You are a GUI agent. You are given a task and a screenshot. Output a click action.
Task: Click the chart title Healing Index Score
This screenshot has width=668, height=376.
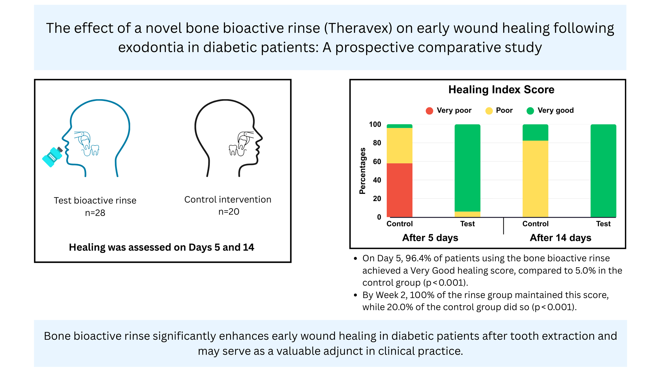(x=501, y=90)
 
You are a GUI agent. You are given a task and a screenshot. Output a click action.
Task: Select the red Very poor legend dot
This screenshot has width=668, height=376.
(x=429, y=111)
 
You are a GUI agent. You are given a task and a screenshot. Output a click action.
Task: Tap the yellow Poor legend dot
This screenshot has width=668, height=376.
(x=489, y=111)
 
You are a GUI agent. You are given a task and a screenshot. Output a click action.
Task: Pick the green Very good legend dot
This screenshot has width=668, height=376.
(x=530, y=111)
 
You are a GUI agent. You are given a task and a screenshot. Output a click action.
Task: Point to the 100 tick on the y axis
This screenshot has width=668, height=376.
(x=375, y=124)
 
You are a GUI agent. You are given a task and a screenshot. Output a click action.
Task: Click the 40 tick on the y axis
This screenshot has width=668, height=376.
(x=377, y=180)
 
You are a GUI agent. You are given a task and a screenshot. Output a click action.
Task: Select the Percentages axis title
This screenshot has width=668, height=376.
(x=362, y=171)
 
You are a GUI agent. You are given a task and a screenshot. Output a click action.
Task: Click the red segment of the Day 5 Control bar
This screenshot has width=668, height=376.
(x=399, y=190)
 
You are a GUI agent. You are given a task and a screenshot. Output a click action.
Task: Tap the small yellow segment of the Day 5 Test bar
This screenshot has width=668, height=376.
(x=467, y=214)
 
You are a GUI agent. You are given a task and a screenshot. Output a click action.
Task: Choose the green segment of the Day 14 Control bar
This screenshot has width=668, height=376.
(x=535, y=133)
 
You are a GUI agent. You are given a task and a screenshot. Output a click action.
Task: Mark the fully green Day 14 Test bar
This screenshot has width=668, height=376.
(x=603, y=171)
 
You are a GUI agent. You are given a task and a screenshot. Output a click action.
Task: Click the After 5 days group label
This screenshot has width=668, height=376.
(x=430, y=238)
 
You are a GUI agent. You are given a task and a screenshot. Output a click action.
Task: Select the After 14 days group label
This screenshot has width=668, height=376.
(x=560, y=238)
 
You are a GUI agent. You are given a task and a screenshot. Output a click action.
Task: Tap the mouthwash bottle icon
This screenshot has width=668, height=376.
(x=52, y=157)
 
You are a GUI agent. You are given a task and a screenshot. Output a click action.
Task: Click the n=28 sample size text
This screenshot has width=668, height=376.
(x=95, y=213)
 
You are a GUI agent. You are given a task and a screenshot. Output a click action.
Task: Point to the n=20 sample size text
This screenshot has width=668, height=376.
(x=229, y=211)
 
